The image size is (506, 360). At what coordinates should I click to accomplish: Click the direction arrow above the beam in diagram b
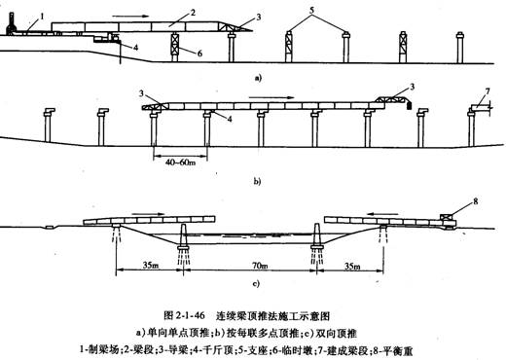point(263,98)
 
